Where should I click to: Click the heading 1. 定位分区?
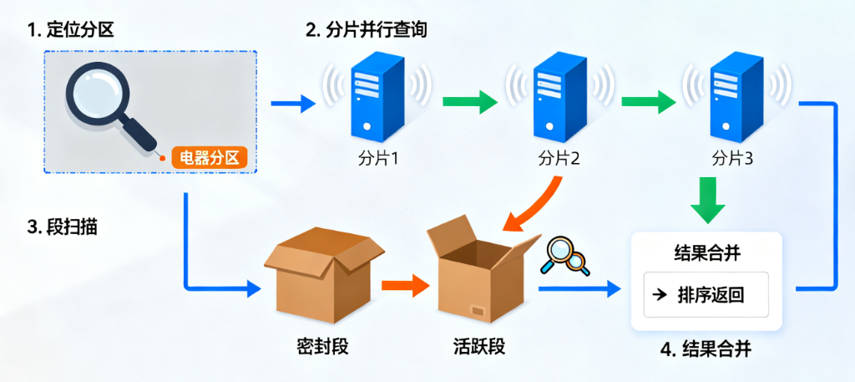point(70,31)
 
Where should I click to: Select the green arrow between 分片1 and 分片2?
point(468,104)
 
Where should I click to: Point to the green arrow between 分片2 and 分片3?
point(648,104)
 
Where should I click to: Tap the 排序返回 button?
point(705,294)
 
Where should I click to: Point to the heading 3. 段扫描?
point(62,226)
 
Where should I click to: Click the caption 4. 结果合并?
point(706,349)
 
